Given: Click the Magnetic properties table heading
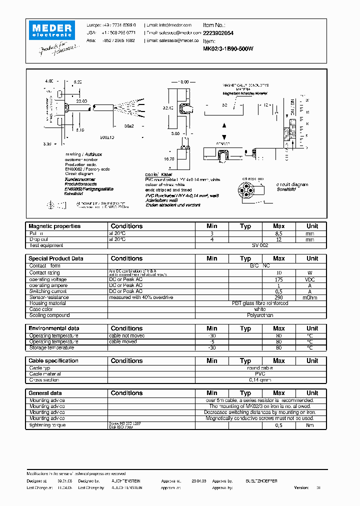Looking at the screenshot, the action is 54,226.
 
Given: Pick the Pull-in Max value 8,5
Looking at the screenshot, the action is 279,233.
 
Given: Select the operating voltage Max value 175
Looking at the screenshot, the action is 279,279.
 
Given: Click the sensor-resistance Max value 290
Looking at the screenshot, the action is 279,297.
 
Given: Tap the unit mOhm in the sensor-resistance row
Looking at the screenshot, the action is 312,297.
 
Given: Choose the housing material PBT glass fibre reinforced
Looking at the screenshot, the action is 260,303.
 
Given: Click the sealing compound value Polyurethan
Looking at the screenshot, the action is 260,315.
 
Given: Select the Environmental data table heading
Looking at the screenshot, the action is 53,328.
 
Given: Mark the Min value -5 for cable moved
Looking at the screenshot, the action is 212,342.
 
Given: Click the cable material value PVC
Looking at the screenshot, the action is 260,374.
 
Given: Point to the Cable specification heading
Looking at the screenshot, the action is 53,360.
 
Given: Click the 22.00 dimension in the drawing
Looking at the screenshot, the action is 81,101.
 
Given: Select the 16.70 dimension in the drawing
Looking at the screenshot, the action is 169,158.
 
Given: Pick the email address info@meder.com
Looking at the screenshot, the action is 169,24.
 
